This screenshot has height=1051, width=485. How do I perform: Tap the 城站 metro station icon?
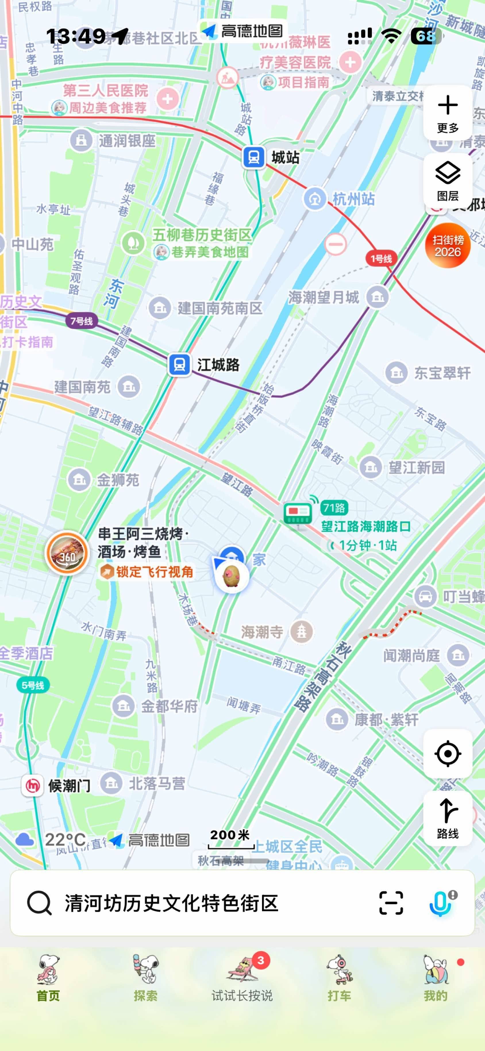pos(253,157)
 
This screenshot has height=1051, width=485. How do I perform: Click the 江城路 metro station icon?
pos(179,364)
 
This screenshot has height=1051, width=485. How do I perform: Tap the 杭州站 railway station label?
pos(353,199)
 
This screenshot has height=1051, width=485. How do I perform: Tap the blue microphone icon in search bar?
pos(440,904)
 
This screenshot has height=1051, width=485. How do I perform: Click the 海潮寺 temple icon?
pos(301,632)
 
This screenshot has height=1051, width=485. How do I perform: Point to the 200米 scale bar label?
pos(230,835)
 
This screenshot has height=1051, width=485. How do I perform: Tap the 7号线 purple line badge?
pos(82,321)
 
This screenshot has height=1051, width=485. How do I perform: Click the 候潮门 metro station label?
pos(69,785)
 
